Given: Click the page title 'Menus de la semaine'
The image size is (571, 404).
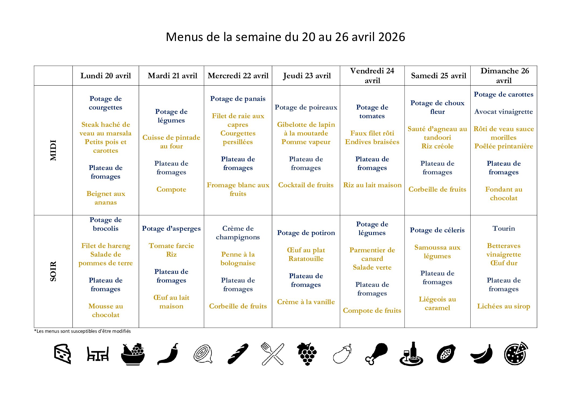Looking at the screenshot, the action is pos(285,37).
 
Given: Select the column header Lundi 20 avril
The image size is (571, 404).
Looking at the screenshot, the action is pos(106,76).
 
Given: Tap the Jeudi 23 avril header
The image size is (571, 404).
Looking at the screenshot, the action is pos(307,76).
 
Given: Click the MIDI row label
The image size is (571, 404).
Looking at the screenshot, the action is pos(53,150).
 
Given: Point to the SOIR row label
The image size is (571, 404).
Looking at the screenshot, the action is pos(53,271).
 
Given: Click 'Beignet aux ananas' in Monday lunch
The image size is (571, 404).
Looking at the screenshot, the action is pos(106,198).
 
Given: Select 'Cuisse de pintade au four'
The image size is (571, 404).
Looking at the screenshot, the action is pos(171,142).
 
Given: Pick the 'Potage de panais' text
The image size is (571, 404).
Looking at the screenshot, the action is pos(238,99).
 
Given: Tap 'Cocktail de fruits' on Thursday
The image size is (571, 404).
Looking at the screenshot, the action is pos(306,185).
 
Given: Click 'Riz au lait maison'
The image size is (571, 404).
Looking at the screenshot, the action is pos(372,185).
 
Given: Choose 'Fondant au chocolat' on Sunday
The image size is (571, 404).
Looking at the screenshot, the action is pos(504,193).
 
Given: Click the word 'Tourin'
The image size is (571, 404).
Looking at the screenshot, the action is pos(504,228).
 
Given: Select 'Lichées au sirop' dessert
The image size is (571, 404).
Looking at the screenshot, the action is pos(504,306).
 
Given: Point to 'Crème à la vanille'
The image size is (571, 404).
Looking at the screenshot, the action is pos(306,302).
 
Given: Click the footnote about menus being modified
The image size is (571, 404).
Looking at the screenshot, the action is pos(82,331).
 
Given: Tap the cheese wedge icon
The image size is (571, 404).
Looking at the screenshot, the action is pos(62,354).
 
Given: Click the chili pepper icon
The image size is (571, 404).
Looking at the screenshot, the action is pos(168,354).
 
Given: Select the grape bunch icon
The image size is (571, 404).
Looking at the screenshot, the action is pos(307,354).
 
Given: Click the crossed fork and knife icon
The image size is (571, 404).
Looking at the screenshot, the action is pos(273,354).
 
